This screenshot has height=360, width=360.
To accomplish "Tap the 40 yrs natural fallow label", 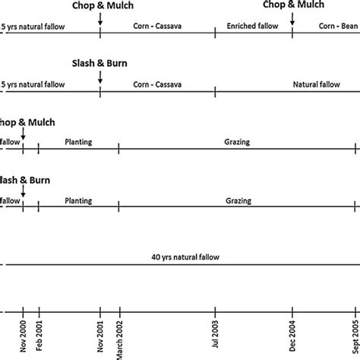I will tap(185, 257).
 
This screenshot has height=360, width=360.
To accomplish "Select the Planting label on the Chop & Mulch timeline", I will tap(78, 141).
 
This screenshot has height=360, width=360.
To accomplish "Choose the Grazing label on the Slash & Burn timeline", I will tap(238, 201).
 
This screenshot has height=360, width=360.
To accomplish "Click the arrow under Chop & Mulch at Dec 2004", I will tap(292, 18).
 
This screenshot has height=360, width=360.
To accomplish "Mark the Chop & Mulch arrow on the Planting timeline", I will tap(23, 135).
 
